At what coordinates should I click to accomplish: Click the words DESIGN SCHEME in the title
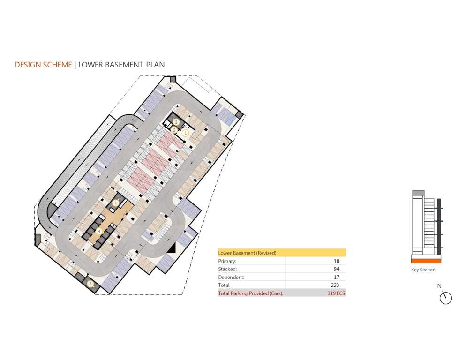(x=43, y=65)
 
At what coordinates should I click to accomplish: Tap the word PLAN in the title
(x=155, y=65)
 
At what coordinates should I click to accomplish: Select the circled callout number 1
(x=185, y=133)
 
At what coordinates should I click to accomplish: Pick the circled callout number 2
(x=174, y=130)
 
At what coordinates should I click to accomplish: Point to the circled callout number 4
(x=99, y=231)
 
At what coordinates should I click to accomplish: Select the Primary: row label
(x=228, y=261)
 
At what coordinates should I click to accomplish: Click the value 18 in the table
(x=336, y=261)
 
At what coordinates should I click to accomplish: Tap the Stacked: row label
(x=228, y=269)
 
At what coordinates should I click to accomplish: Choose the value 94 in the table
(x=336, y=269)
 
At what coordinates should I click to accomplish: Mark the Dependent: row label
(x=231, y=277)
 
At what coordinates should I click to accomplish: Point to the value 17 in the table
(x=336, y=277)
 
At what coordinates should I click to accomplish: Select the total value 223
(x=335, y=285)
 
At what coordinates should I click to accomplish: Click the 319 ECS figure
(x=336, y=293)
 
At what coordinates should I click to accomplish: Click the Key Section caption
(x=423, y=270)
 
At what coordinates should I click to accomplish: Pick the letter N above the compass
(x=439, y=286)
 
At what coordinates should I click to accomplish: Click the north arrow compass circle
(x=446, y=298)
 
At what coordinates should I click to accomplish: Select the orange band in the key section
(x=426, y=261)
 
